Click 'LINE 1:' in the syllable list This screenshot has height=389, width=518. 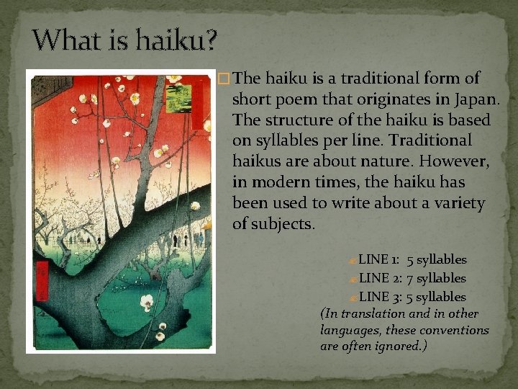[379, 259]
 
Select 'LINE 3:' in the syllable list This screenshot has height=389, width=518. [379, 297]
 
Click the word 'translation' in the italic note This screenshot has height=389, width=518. [374, 314]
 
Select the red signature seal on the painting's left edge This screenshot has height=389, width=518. [42, 277]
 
